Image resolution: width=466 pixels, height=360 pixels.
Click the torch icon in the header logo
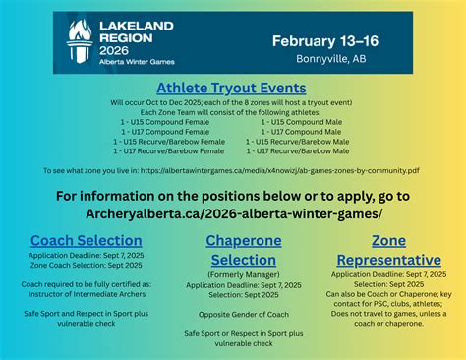[76, 42]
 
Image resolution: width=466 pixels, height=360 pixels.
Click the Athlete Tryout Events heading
[232, 89]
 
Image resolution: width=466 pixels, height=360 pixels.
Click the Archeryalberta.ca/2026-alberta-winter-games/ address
[232, 212]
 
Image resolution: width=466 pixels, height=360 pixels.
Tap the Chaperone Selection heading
[232, 250]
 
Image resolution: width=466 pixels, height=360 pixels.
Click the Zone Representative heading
[387, 250]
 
